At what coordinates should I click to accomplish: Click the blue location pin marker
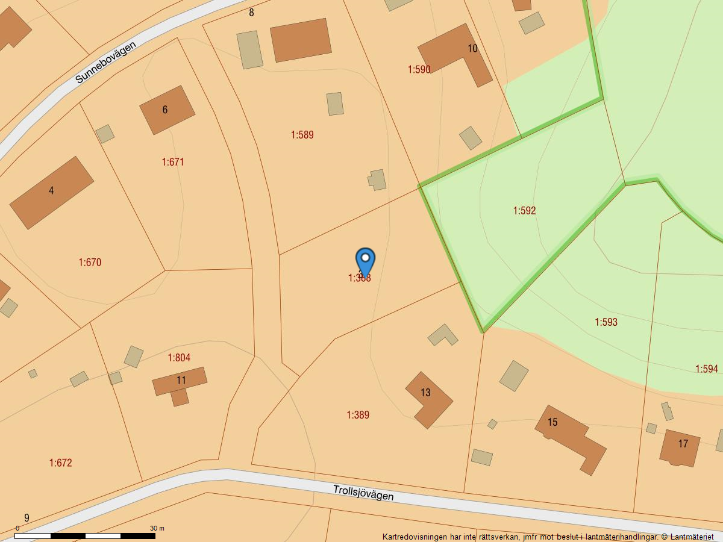point(365,261)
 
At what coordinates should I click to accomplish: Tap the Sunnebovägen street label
point(105,62)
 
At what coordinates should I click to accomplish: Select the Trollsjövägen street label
point(363,492)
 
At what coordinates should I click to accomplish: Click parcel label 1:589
point(302,135)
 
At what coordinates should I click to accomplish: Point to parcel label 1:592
point(524,211)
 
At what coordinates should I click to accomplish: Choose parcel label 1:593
point(606,322)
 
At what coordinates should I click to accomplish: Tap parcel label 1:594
point(707,369)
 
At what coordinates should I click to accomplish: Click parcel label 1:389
point(358,415)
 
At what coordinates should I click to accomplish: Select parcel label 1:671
point(173,162)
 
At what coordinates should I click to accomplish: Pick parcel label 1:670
point(90,263)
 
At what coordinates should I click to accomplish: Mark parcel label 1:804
point(179,358)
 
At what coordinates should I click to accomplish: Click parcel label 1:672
point(60,463)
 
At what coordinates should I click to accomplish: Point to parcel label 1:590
point(419,70)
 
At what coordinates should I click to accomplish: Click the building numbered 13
point(428,399)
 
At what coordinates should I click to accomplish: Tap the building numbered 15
point(569,438)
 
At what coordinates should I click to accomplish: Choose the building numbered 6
point(167,110)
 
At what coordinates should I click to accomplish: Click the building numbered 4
point(52,193)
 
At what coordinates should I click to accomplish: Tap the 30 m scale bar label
point(157,528)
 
